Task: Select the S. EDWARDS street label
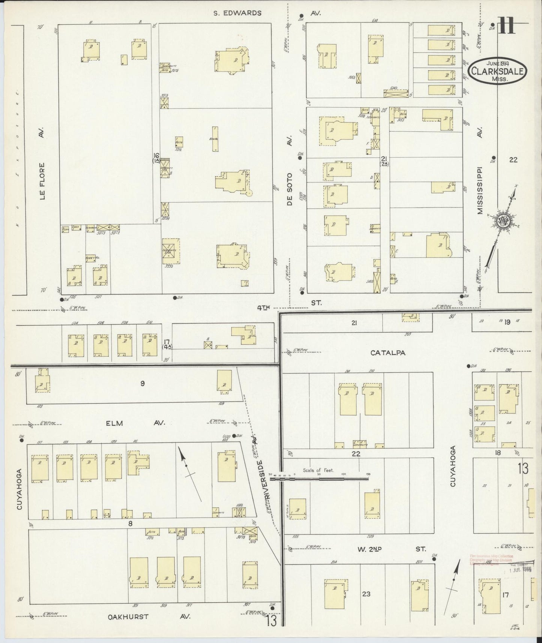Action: tap(237, 13)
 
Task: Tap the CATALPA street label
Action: tap(388, 353)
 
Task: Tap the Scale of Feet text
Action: tap(318, 470)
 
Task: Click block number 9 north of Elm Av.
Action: tap(143, 383)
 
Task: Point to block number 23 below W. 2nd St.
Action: tap(366, 594)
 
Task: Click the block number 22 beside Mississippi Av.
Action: tap(513, 159)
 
